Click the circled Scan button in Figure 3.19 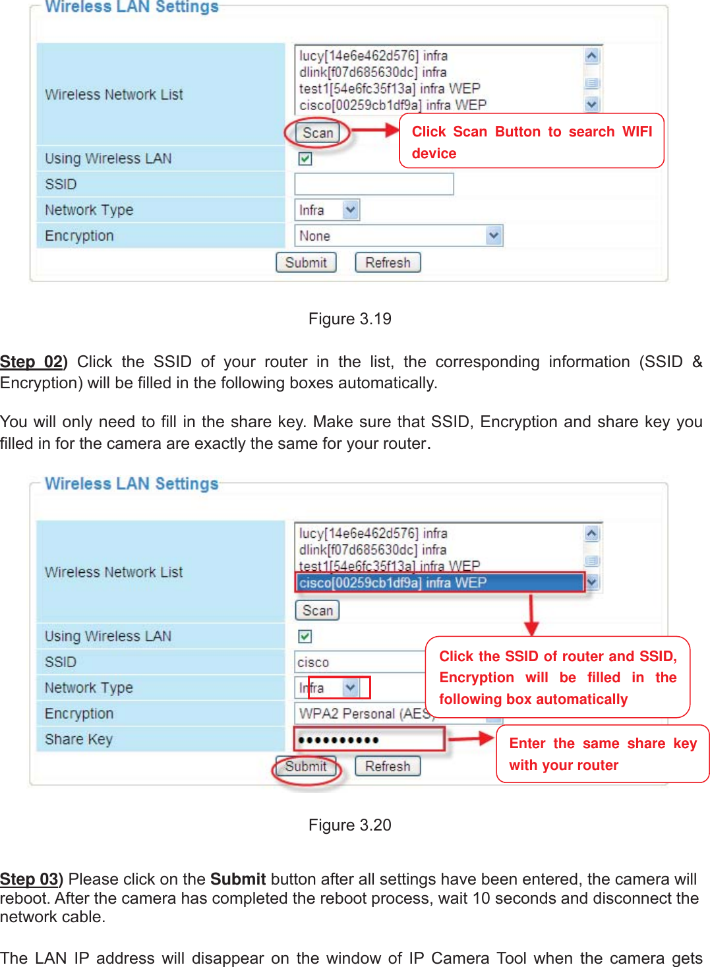318,133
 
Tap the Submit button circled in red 306,766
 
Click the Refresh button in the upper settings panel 388,262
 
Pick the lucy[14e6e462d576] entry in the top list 373,56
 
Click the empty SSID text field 374,185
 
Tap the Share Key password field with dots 369,740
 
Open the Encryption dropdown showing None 398,236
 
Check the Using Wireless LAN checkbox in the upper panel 305,159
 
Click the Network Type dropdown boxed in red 339,688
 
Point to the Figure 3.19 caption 350,319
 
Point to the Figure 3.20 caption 350,825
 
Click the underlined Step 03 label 31,879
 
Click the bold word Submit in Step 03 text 238,879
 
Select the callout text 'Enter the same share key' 603,744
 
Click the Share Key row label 78,740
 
